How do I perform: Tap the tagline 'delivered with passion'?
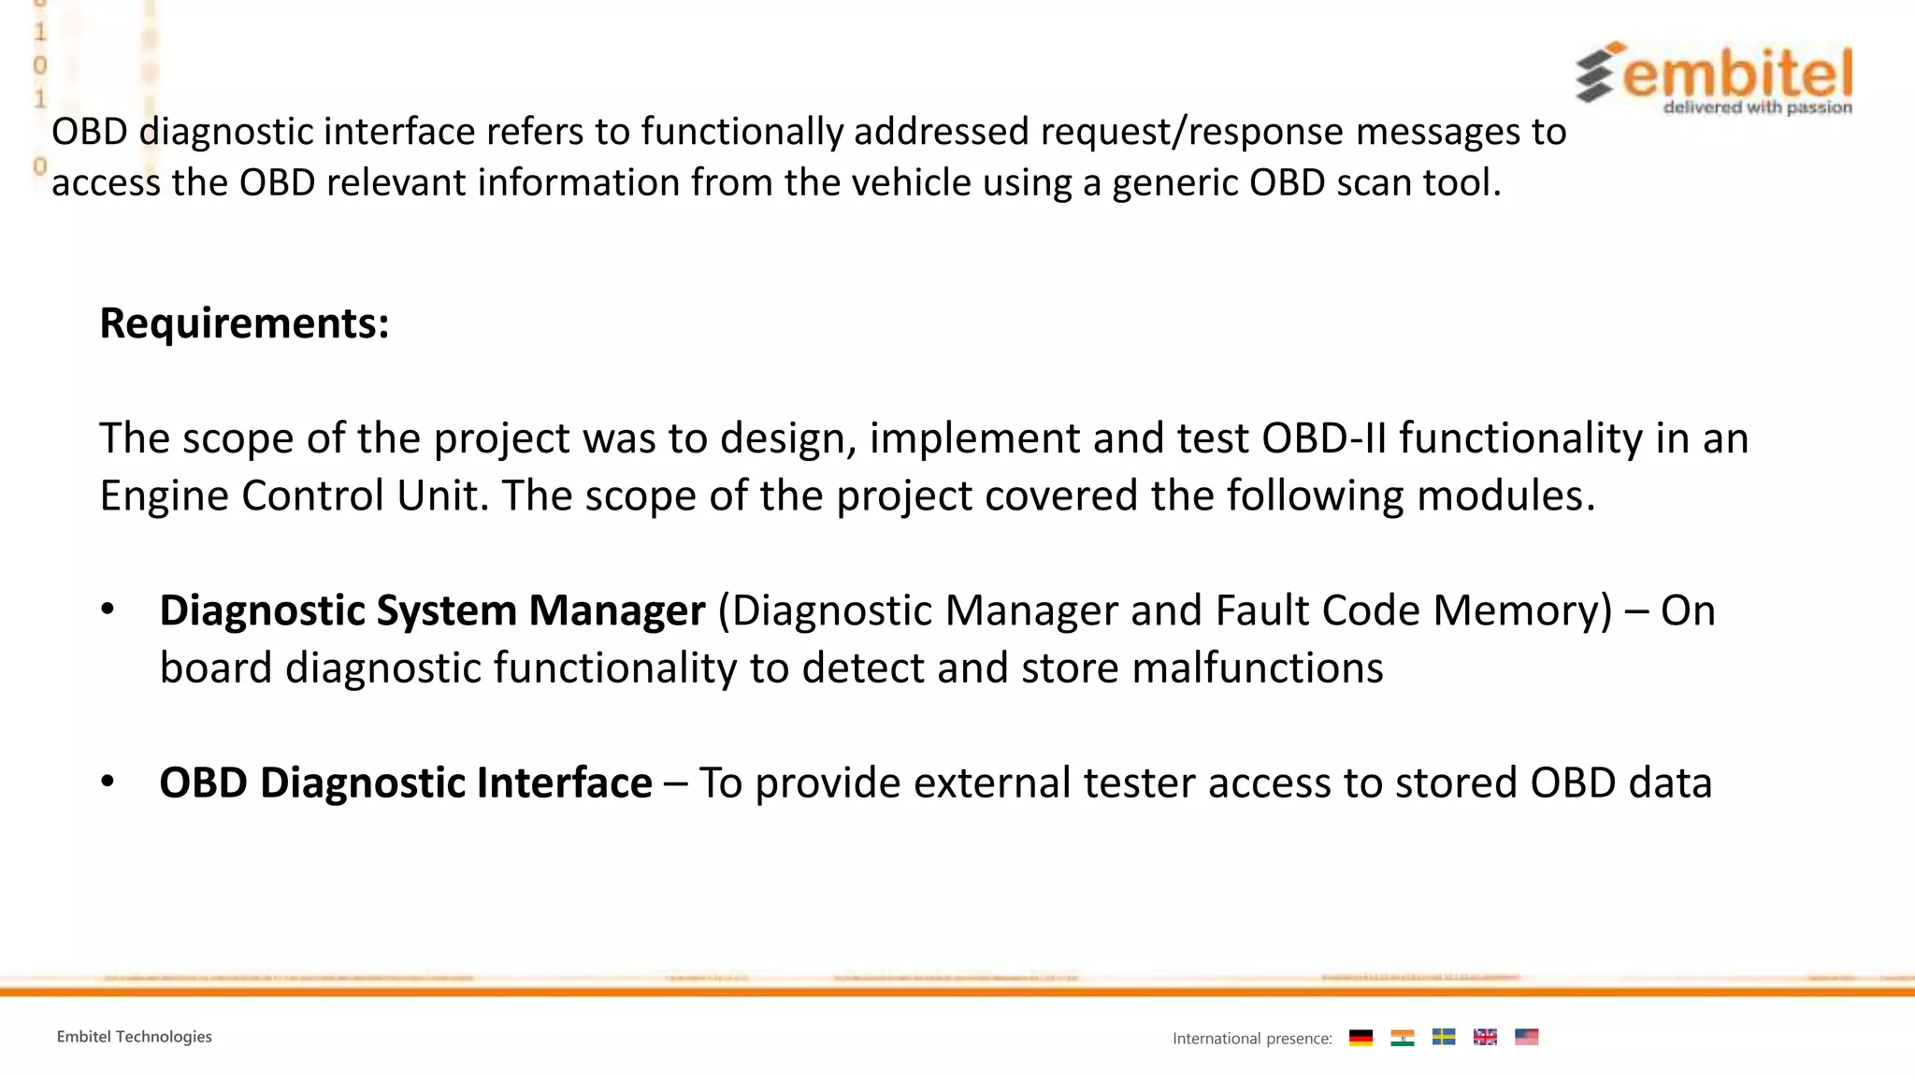click(1757, 108)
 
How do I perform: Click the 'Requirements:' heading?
click(244, 323)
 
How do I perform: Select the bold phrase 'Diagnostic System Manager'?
click(432, 610)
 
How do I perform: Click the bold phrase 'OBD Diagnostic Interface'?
click(405, 783)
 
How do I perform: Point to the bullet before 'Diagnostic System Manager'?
click(108, 610)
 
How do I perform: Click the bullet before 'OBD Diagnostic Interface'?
click(108, 782)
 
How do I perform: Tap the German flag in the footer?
click(1361, 1037)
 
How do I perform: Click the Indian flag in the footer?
click(1402, 1037)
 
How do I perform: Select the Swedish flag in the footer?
click(1444, 1037)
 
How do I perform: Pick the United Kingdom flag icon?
click(1485, 1037)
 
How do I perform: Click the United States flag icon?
click(1526, 1037)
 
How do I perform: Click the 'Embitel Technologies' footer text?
click(134, 1037)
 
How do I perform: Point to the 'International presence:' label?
click(1252, 1039)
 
